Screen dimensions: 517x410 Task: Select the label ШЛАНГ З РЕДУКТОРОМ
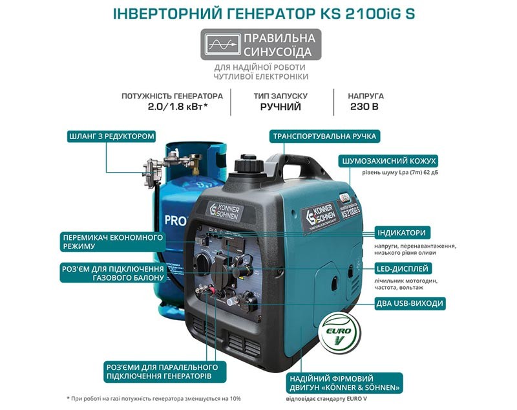click(x=111, y=136)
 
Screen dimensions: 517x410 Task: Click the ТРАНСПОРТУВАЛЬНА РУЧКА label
click(x=324, y=136)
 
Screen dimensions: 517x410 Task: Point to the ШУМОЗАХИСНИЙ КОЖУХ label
click(x=389, y=161)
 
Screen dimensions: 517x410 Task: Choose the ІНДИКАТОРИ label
click(x=401, y=233)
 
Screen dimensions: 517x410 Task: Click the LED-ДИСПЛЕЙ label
click(x=402, y=268)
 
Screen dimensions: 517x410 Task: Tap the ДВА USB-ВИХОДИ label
click(x=410, y=303)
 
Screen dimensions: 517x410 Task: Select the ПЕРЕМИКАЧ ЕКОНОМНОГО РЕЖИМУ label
click(x=112, y=242)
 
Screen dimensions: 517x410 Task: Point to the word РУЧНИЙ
click(x=280, y=107)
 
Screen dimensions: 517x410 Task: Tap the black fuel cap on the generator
click(x=248, y=164)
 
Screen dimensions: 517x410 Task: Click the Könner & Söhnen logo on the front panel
click(x=225, y=211)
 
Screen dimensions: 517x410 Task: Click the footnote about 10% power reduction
click(x=154, y=398)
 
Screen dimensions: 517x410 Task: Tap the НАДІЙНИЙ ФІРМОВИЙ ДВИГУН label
click(x=344, y=383)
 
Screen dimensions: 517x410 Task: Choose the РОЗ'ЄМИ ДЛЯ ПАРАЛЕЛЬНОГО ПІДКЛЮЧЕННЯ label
click(x=162, y=372)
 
